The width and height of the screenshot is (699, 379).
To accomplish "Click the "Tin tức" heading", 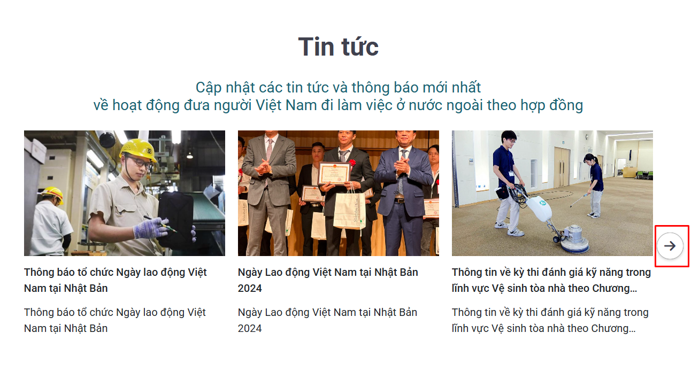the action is (338, 47).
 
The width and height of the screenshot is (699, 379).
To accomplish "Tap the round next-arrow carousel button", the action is (670, 246).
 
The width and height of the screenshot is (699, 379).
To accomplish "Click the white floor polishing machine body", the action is (539, 208).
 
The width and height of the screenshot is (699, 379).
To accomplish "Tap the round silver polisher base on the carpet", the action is (574, 239).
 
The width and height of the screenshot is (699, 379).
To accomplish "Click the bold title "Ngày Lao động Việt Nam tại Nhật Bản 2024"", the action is (328, 280).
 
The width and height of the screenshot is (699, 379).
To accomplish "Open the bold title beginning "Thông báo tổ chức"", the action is (115, 280).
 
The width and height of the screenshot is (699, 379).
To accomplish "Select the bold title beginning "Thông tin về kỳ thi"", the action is (551, 280).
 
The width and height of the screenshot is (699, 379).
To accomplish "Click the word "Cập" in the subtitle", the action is (209, 88).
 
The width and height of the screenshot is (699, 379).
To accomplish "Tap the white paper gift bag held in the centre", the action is (350, 209).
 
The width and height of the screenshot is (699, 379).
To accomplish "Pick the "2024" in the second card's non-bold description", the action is (250, 328).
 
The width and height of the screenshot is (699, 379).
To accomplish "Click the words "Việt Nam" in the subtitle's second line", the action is (286, 105).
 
